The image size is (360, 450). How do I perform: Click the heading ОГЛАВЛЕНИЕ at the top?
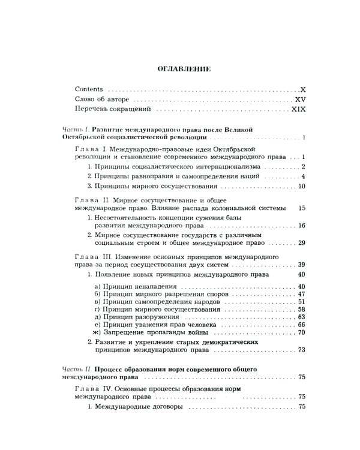point(184,69)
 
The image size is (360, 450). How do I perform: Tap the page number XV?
point(301,99)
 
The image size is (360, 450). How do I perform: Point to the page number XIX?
point(299,110)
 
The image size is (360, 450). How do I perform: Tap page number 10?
point(302,186)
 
